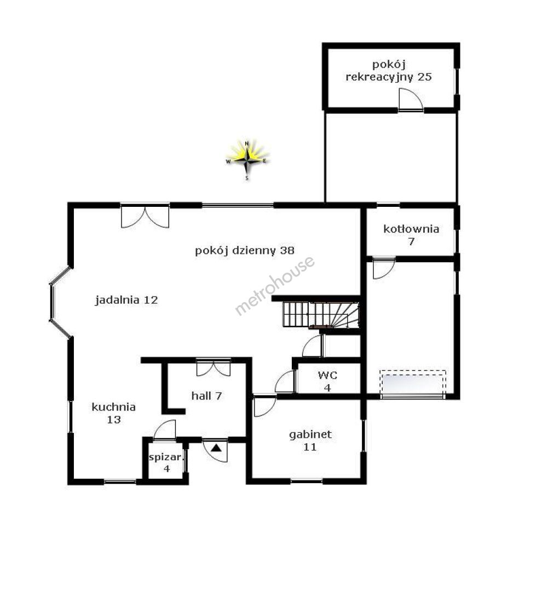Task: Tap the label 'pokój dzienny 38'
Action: pos(244,251)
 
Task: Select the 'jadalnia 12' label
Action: pos(126,300)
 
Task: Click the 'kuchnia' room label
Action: pos(113,407)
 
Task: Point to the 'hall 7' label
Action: pos(207,396)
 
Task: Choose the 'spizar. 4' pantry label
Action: pos(165,463)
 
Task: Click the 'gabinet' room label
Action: pos(310,435)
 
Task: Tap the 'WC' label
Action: pos(327,375)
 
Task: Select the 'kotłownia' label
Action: pos(411,229)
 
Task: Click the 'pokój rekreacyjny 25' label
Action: pos(389,71)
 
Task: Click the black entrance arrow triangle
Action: pos(216,448)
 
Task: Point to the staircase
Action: pos(321,315)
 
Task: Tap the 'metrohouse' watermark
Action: pos(275,285)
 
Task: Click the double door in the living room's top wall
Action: pos(145,216)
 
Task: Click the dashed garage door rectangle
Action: pos(413,383)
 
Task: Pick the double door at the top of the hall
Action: pos(213,368)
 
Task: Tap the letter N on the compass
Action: pos(247,143)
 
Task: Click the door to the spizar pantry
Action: pos(165,430)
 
